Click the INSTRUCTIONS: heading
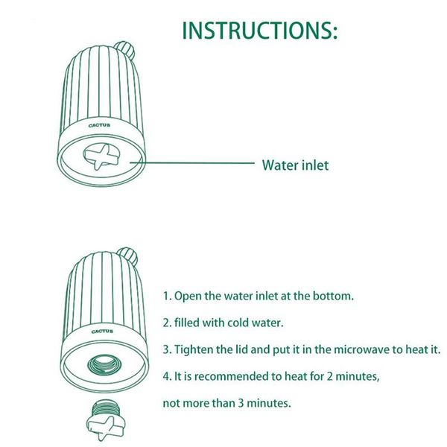point(260,31)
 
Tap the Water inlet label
point(295,165)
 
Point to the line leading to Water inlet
point(192,163)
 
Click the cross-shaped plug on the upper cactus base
point(101,156)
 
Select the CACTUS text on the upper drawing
point(99,125)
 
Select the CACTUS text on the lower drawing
point(102,332)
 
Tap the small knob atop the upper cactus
point(125,50)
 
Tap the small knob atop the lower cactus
point(128,256)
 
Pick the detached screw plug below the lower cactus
point(105,420)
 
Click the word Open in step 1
point(188,297)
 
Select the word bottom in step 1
point(333,296)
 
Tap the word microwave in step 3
point(361,349)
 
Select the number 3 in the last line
point(241,403)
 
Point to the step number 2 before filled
point(166,323)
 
